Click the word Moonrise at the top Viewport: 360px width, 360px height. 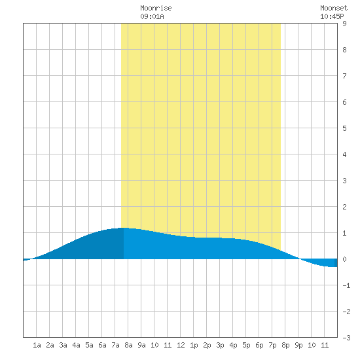pyautogui.click(x=156, y=8)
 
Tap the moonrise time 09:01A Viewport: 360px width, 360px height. pyautogui.click(x=152, y=16)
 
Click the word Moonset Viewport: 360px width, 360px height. pyautogui.click(x=334, y=8)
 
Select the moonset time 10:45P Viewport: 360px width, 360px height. pyautogui.click(x=332, y=16)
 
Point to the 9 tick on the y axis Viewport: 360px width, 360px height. pyautogui.click(x=344, y=24)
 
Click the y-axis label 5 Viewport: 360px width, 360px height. pyautogui.click(x=344, y=128)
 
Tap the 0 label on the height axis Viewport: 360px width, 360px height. pyautogui.click(x=344, y=259)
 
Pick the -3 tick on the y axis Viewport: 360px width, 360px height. pyautogui.click(x=346, y=338)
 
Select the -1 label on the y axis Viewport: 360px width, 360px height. pyautogui.click(x=346, y=285)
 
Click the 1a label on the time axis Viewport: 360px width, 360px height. pyautogui.click(x=37, y=345)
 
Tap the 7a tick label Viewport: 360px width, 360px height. pyautogui.click(x=115, y=345)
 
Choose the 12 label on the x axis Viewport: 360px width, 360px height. pyautogui.click(x=181, y=345)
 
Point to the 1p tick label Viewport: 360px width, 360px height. pyautogui.click(x=194, y=345)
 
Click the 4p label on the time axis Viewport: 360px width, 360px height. pyautogui.click(x=233, y=345)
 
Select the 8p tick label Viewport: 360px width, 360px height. pyautogui.click(x=285, y=345)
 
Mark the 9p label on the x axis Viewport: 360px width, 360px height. pyautogui.click(x=298, y=345)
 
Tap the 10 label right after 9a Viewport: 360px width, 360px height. pyautogui.click(x=154, y=345)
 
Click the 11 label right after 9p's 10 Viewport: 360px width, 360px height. pyautogui.click(x=325, y=345)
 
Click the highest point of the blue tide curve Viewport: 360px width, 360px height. pyautogui.click(x=124, y=228)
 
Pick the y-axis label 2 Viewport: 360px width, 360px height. pyautogui.click(x=344, y=207)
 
